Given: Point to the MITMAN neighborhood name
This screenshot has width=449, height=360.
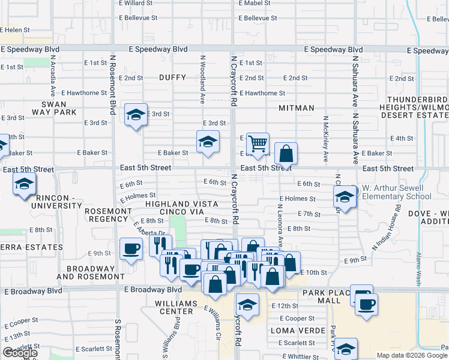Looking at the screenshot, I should [297, 108].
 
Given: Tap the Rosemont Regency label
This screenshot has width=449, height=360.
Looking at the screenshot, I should [108, 215].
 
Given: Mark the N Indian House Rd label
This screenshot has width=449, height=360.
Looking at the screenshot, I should [385, 231].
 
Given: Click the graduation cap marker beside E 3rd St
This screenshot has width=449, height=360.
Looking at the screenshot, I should [136, 114].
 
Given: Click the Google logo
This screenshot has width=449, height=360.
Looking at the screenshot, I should [20, 353].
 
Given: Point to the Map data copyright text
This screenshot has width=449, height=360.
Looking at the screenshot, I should [412, 355].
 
